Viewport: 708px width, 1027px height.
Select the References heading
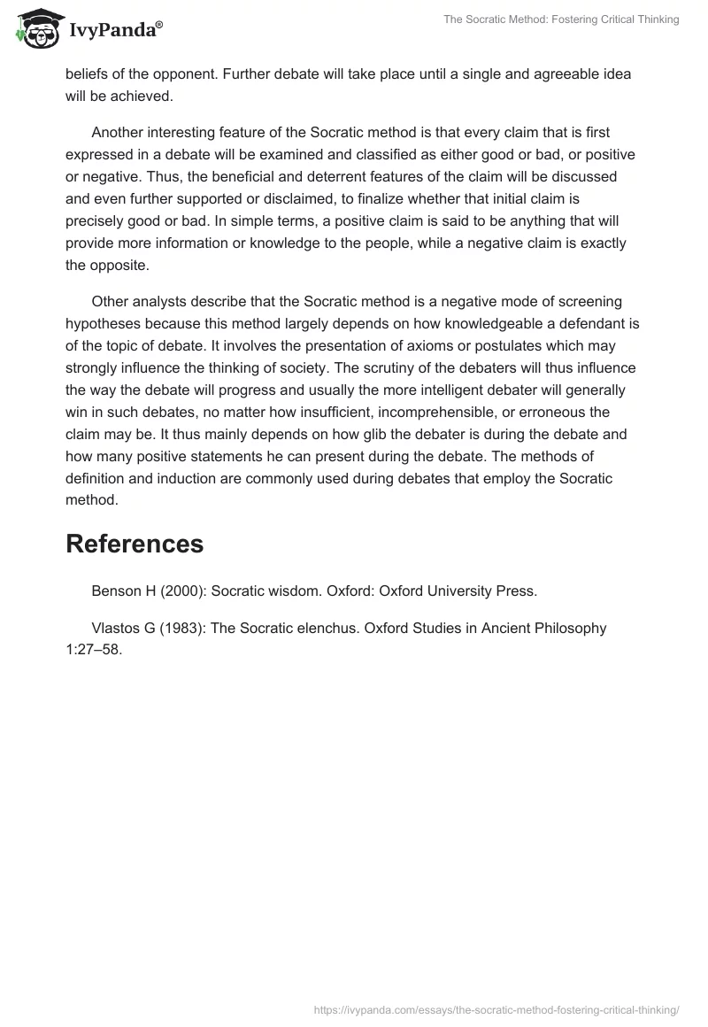click(135, 544)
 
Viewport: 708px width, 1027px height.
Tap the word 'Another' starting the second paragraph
click(119, 133)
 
